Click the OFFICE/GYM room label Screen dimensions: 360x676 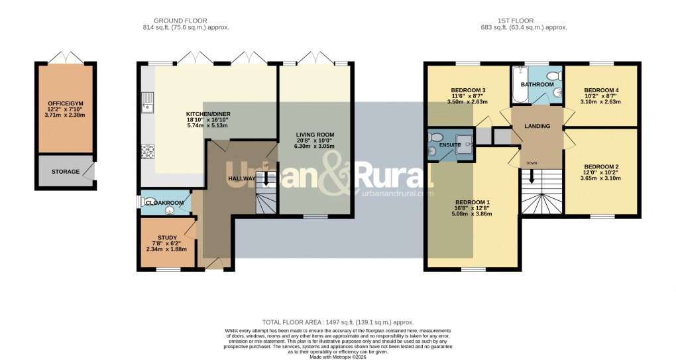[x=65, y=104]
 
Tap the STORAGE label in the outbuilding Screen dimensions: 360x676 [x=66, y=172]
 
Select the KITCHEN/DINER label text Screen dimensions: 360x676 [x=207, y=114]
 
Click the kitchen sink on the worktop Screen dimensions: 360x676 [x=146, y=103]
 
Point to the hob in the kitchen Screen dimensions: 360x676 [x=147, y=152]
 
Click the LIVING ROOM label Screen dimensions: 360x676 [x=315, y=135]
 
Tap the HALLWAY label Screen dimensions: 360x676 [x=242, y=179]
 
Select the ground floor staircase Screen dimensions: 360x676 [x=266, y=196]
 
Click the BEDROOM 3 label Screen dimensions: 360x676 [x=469, y=90]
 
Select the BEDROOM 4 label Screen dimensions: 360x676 [x=601, y=90]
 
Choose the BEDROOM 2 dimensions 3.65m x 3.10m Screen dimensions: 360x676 [x=601, y=178]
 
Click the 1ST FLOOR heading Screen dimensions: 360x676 [x=524, y=20]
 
